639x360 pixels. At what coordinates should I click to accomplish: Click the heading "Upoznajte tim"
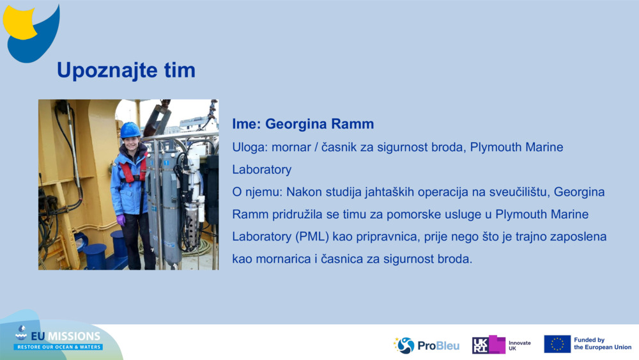[126, 70]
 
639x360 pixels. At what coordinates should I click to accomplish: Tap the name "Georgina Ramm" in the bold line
[319, 124]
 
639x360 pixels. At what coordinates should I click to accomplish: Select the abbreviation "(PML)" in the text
[312, 237]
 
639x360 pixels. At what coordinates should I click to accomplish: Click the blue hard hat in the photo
[130, 130]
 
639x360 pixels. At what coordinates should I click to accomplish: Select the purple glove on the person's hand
[121, 220]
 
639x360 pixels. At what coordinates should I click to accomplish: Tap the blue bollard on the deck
[95, 256]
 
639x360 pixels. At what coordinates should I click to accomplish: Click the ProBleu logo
[426, 345]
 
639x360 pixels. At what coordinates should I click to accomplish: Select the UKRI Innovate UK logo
[502, 345]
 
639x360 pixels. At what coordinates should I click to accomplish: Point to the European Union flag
[557, 344]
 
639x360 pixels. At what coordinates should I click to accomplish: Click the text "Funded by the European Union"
[603, 343]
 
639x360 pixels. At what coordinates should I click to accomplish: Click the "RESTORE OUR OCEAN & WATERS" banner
[59, 347]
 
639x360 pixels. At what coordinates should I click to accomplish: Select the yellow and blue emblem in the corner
[31, 33]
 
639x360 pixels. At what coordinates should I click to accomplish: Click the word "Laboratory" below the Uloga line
[261, 169]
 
